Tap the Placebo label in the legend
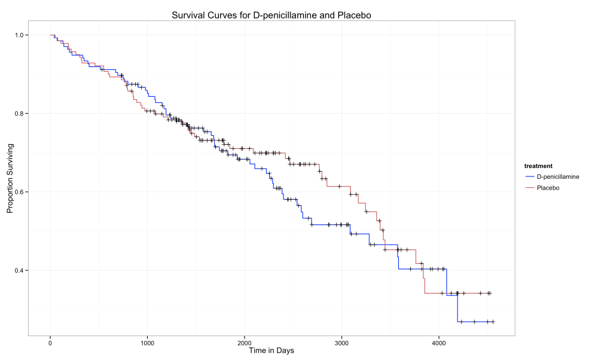548,188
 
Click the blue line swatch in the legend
529,177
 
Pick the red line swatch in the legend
529,188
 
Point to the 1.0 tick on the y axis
20,35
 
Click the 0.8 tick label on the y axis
20,114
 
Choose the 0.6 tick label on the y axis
20,192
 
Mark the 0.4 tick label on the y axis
20,270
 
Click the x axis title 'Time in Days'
271,351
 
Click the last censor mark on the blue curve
493,322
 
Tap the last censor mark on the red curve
489,293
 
